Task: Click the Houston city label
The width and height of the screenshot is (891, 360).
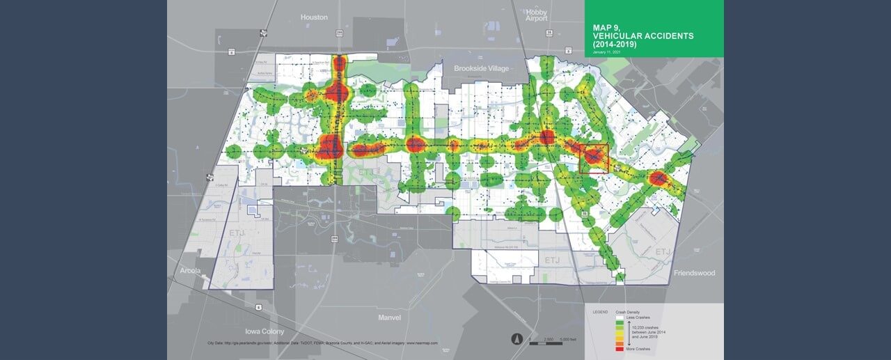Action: (x=313, y=17)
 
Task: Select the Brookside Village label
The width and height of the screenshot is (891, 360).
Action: (x=482, y=68)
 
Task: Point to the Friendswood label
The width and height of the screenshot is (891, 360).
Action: (x=695, y=273)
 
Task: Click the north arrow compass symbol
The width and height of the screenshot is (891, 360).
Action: (x=515, y=339)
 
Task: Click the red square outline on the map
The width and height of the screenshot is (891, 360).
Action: (x=594, y=159)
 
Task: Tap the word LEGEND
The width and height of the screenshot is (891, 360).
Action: (x=600, y=311)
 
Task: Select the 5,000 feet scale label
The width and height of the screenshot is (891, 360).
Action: (x=568, y=339)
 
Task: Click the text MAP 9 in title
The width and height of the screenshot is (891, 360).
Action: (x=606, y=27)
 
